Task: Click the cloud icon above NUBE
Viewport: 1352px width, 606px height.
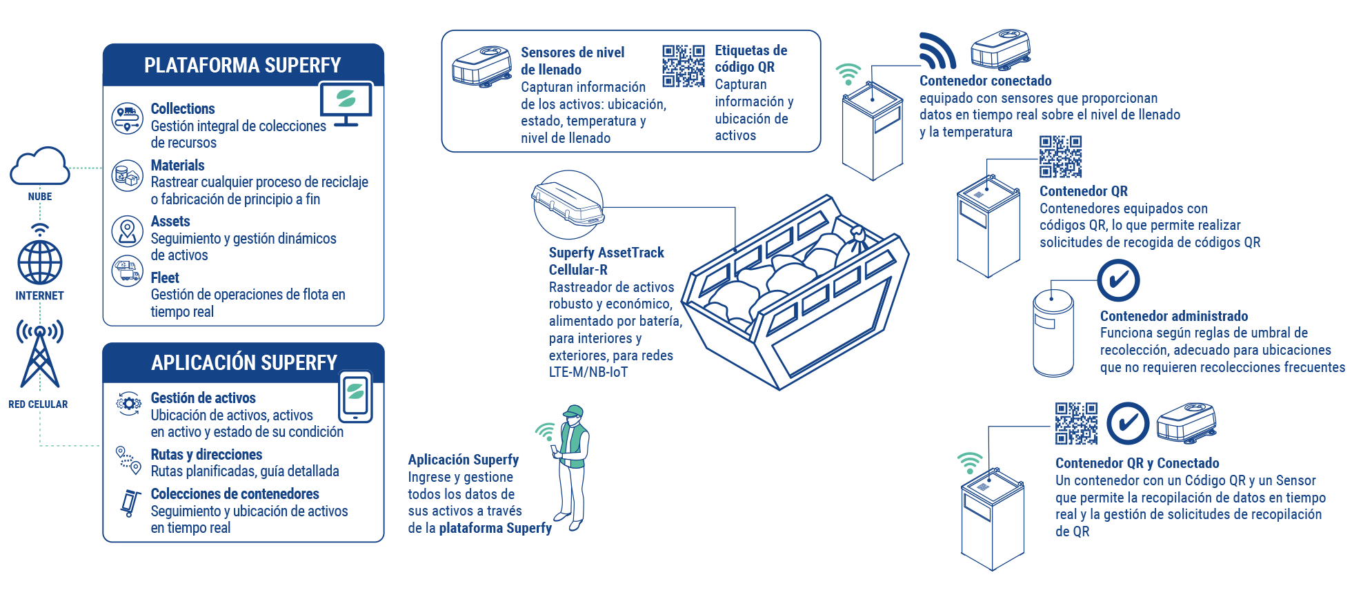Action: pos(40,166)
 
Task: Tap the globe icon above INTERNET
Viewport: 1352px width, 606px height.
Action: pos(40,262)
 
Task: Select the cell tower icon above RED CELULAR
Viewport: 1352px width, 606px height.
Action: pos(40,355)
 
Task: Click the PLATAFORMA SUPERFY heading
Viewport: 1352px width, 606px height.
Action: pos(242,66)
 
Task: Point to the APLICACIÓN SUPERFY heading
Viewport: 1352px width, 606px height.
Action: pos(244,363)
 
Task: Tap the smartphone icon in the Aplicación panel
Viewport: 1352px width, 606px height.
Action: pos(355,397)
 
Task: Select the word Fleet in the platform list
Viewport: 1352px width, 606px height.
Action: pos(165,277)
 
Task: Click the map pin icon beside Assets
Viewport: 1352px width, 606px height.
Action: pos(128,231)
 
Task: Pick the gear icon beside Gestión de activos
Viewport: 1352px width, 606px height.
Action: pos(128,404)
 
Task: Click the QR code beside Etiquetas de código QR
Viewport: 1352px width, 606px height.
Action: pos(683,66)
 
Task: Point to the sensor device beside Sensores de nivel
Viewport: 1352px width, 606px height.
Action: pos(481,67)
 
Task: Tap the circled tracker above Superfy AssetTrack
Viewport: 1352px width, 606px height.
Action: pos(568,204)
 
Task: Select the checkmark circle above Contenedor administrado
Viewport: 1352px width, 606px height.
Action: pos(1118,280)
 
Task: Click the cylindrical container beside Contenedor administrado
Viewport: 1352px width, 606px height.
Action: pos(1053,333)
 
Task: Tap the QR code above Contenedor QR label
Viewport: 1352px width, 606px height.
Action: pos(1061,157)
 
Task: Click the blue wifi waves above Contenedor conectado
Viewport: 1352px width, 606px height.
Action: pos(937,51)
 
